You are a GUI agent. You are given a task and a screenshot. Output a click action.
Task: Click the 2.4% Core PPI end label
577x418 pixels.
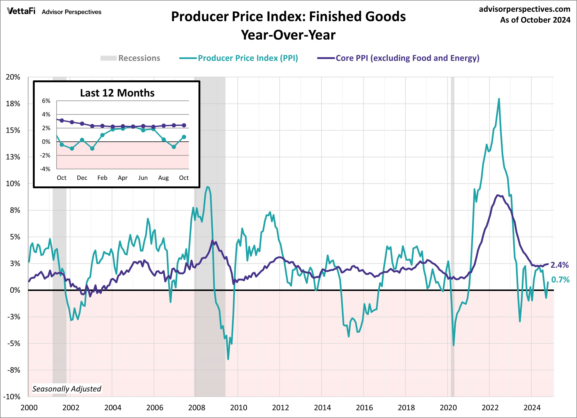point(559,265)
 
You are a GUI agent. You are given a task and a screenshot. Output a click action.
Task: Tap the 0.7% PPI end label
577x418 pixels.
point(560,280)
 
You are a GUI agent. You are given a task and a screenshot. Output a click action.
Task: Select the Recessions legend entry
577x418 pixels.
point(130,58)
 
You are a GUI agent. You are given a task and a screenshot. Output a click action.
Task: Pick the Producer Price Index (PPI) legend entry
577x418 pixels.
point(239,58)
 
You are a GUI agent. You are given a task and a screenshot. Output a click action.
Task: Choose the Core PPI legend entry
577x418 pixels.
point(398,58)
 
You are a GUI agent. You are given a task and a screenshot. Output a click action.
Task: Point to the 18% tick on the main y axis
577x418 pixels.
point(13,104)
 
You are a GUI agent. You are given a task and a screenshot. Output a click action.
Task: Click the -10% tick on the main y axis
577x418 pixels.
point(12,396)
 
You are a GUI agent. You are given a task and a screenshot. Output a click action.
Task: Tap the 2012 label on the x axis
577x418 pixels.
point(280,407)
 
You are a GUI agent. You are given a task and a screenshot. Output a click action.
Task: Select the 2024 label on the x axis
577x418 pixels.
point(532,407)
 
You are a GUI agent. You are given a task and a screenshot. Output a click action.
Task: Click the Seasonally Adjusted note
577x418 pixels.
point(67,389)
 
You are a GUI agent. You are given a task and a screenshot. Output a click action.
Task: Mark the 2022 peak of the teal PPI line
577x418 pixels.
point(499,99)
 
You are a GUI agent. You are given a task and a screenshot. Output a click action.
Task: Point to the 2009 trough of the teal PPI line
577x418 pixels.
point(228,359)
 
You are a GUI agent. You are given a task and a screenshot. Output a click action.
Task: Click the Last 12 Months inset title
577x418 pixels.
point(117,93)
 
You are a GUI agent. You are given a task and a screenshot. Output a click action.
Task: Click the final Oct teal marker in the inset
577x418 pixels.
point(184,137)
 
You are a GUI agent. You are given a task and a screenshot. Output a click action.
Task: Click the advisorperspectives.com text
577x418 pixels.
point(524,9)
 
